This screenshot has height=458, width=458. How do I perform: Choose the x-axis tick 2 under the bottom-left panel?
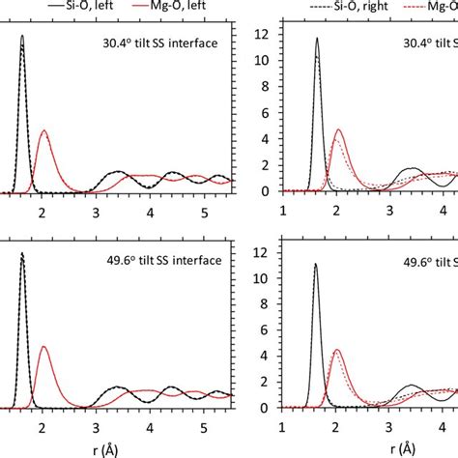pyautogui.click(x=42, y=425)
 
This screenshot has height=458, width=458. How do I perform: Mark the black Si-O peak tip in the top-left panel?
pyautogui.click(x=22, y=36)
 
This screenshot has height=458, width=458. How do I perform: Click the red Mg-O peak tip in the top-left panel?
pyautogui.click(x=43, y=130)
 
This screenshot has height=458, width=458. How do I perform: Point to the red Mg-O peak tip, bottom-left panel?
pyautogui.click(x=43, y=346)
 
